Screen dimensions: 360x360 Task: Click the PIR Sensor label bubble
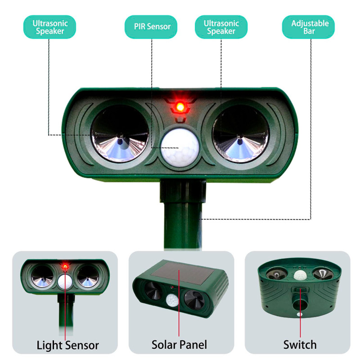click(151, 27)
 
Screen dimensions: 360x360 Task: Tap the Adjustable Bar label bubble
click(308, 27)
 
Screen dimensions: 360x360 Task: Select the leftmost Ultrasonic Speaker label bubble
click(49, 27)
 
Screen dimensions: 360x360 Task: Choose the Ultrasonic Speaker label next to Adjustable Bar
click(221, 27)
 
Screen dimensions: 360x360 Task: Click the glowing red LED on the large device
click(180, 107)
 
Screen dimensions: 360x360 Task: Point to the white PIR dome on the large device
click(180, 148)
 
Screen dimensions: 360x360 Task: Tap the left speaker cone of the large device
click(120, 134)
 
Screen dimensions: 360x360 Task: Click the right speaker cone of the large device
click(240, 134)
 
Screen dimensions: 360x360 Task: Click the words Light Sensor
click(68, 345)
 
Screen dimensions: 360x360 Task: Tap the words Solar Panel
click(179, 345)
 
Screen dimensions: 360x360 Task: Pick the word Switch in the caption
click(300, 345)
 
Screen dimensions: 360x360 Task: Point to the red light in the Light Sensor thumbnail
click(65, 266)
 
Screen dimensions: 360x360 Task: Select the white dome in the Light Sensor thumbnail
click(65, 282)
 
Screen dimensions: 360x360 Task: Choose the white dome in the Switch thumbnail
click(299, 275)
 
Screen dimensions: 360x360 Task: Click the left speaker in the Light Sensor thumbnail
click(42, 276)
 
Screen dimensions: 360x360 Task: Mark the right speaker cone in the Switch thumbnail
click(322, 274)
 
